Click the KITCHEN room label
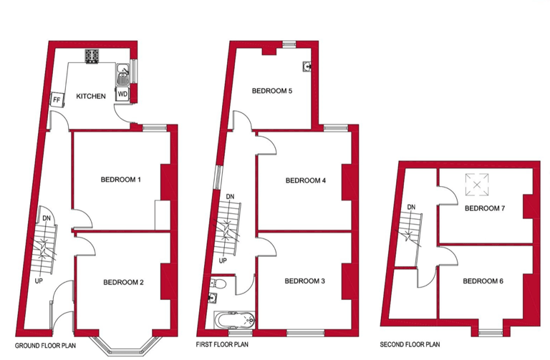coord(91,96)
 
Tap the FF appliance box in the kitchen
coord(56,99)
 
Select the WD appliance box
coord(122,94)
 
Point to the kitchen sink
coord(123,72)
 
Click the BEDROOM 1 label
coord(120,179)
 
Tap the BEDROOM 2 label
coord(124,282)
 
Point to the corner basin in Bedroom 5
coord(307,66)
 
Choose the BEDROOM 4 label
coord(306,180)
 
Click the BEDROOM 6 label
coord(483,281)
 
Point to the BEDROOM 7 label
coord(485,208)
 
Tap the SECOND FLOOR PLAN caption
coord(411,344)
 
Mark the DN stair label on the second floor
coord(411,208)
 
